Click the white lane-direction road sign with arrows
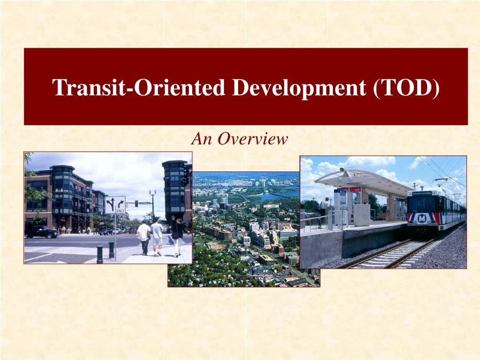tap(115, 205)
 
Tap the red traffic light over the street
tap(136, 203)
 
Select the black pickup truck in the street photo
tap(42, 231)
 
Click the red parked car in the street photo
tap(132, 230)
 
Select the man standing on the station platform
tap(324, 211)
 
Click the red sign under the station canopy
tap(355, 189)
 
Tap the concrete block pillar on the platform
tap(361, 215)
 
